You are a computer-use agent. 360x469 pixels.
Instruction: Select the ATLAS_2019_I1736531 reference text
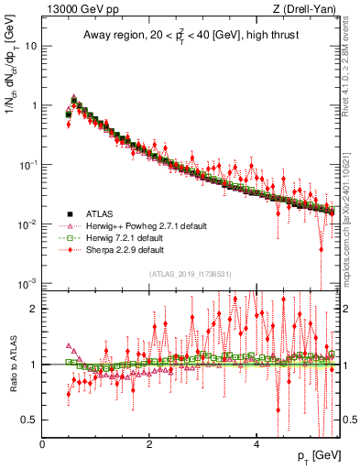(190, 274)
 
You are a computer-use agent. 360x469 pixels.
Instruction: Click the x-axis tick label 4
(256, 445)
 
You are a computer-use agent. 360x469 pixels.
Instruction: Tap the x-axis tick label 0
(42, 445)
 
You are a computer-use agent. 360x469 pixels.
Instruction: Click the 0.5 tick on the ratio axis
(29, 420)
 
